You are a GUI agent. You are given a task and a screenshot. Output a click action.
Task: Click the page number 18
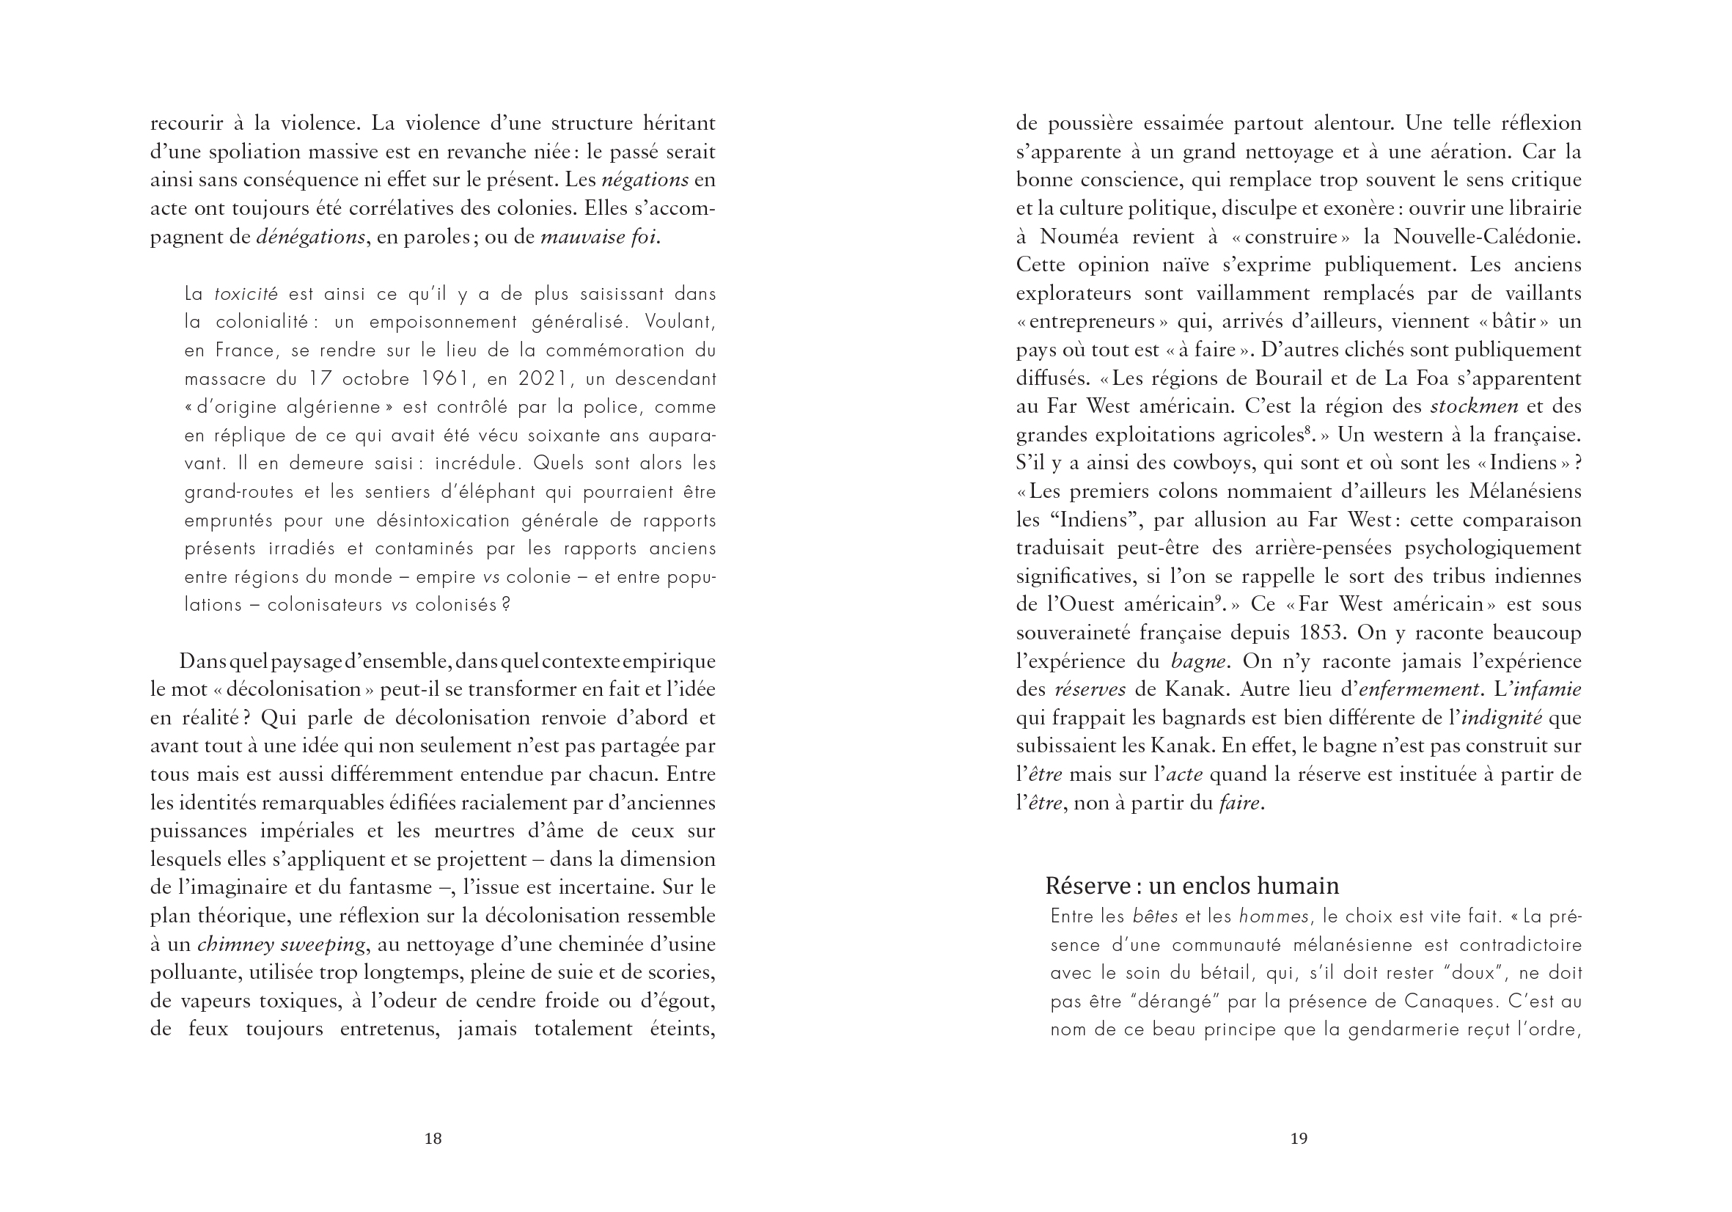[x=432, y=1139]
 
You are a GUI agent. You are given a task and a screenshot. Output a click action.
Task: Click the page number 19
[x=1298, y=1139]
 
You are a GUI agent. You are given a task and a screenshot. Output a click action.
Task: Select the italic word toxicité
[x=246, y=294]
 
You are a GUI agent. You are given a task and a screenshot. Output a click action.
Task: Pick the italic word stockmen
[x=1474, y=406]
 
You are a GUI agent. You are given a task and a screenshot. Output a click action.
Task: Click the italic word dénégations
[x=311, y=238]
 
